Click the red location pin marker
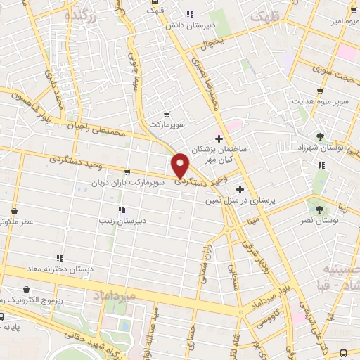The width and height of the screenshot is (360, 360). point(180,165)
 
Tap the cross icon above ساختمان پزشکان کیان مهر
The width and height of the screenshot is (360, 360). point(219,138)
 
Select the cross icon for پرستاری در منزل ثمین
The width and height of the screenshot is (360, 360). point(240,189)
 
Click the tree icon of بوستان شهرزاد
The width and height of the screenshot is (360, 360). point(321,136)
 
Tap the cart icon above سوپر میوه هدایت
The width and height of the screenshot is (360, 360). point(320,91)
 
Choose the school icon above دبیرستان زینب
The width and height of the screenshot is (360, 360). point(122,210)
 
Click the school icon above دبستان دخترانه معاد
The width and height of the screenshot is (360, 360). point(60,258)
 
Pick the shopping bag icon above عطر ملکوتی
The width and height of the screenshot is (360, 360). point(15,210)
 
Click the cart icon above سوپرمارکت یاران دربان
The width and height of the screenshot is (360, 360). point(127,172)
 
